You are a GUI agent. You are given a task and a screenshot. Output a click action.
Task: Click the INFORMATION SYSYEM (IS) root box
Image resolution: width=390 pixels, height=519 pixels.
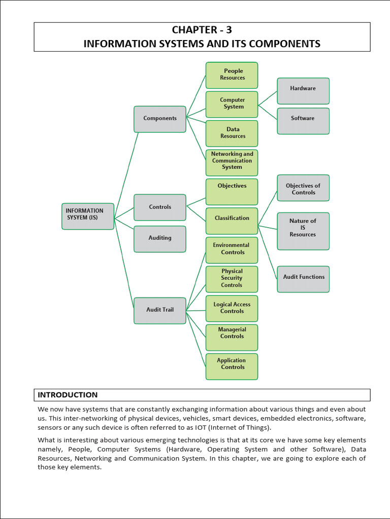pyautogui.click(x=88, y=216)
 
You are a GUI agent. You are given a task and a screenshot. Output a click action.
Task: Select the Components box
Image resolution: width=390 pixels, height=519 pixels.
pyautogui.click(x=159, y=119)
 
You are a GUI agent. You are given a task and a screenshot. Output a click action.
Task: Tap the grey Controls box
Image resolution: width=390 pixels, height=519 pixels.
pyautogui.click(x=159, y=207)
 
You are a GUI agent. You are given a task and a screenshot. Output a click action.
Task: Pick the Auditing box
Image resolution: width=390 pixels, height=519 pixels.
pyautogui.click(x=159, y=239)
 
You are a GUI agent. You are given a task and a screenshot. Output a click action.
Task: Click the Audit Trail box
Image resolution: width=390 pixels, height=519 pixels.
pyautogui.click(x=159, y=310)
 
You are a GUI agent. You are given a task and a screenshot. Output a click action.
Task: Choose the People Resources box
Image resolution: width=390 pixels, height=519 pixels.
pyautogui.click(x=232, y=75)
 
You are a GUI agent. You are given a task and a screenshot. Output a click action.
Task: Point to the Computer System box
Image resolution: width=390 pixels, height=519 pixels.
pyautogui.click(x=232, y=104)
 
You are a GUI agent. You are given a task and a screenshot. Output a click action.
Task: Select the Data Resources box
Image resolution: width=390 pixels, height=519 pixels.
pyautogui.click(x=232, y=133)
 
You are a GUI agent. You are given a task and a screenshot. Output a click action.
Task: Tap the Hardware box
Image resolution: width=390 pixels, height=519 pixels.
pyautogui.click(x=303, y=91)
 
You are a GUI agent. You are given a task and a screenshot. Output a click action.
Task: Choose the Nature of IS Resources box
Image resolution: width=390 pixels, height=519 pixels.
pyautogui.click(x=303, y=231)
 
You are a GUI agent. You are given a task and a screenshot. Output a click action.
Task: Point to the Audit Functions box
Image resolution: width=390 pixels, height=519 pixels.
pyautogui.click(x=303, y=279)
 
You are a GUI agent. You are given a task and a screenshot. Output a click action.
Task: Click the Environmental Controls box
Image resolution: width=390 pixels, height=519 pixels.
pyautogui.click(x=232, y=250)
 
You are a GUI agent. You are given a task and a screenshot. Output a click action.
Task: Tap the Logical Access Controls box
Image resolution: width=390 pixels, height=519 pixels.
pyautogui.click(x=232, y=308)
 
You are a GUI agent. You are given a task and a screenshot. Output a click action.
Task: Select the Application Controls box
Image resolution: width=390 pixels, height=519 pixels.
pyautogui.click(x=232, y=366)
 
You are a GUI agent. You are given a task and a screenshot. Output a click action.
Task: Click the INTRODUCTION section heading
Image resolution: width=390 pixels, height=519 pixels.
pyautogui.click(x=68, y=395)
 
